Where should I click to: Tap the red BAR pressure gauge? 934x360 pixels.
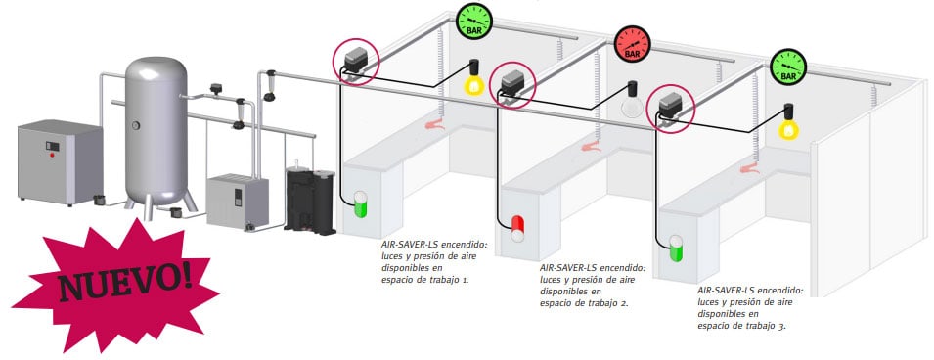[x=632, y=44]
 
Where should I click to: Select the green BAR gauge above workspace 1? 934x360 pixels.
[x=474, y=22]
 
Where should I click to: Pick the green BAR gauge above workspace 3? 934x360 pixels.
[x=788, y=67]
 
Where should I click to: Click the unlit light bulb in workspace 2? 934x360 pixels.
[x=632, y=102]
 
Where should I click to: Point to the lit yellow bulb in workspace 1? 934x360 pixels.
[x=474, y=78]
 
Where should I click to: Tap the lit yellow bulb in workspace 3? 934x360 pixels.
[x=788, y=123]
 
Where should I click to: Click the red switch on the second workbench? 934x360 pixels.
[x=517, y=229]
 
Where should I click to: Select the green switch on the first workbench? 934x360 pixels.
[x=360, y=204]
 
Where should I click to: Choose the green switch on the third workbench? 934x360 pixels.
[x=676, y=247]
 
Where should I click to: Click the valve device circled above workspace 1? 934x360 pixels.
[x=357, y=61]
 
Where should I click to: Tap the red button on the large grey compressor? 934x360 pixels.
[x=53, y=155]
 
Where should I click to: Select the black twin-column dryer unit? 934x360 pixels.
[x=310, y=200]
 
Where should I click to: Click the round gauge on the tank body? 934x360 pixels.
[x=136, y=125]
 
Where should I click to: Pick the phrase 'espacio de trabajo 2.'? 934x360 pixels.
[x=584, y=303]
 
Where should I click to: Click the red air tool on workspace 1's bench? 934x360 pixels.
[x=435, y=124]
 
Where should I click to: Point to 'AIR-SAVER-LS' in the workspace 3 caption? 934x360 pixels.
[x=723, y=291]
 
